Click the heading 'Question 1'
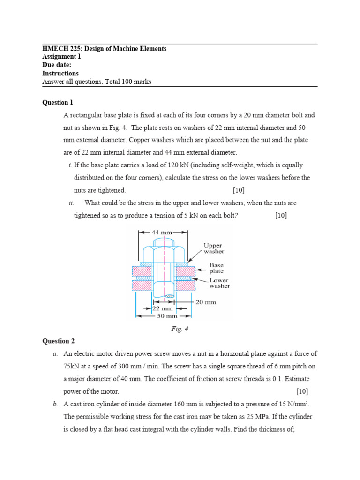coord(58,102)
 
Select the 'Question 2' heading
coord(58,341)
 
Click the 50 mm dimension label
coord(163,316)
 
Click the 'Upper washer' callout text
coord(213,248)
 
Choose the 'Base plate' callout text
coord(216,268)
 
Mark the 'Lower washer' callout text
coord(219,283)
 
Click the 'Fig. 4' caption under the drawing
coord(180,329)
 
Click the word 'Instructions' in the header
coord(60,74)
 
